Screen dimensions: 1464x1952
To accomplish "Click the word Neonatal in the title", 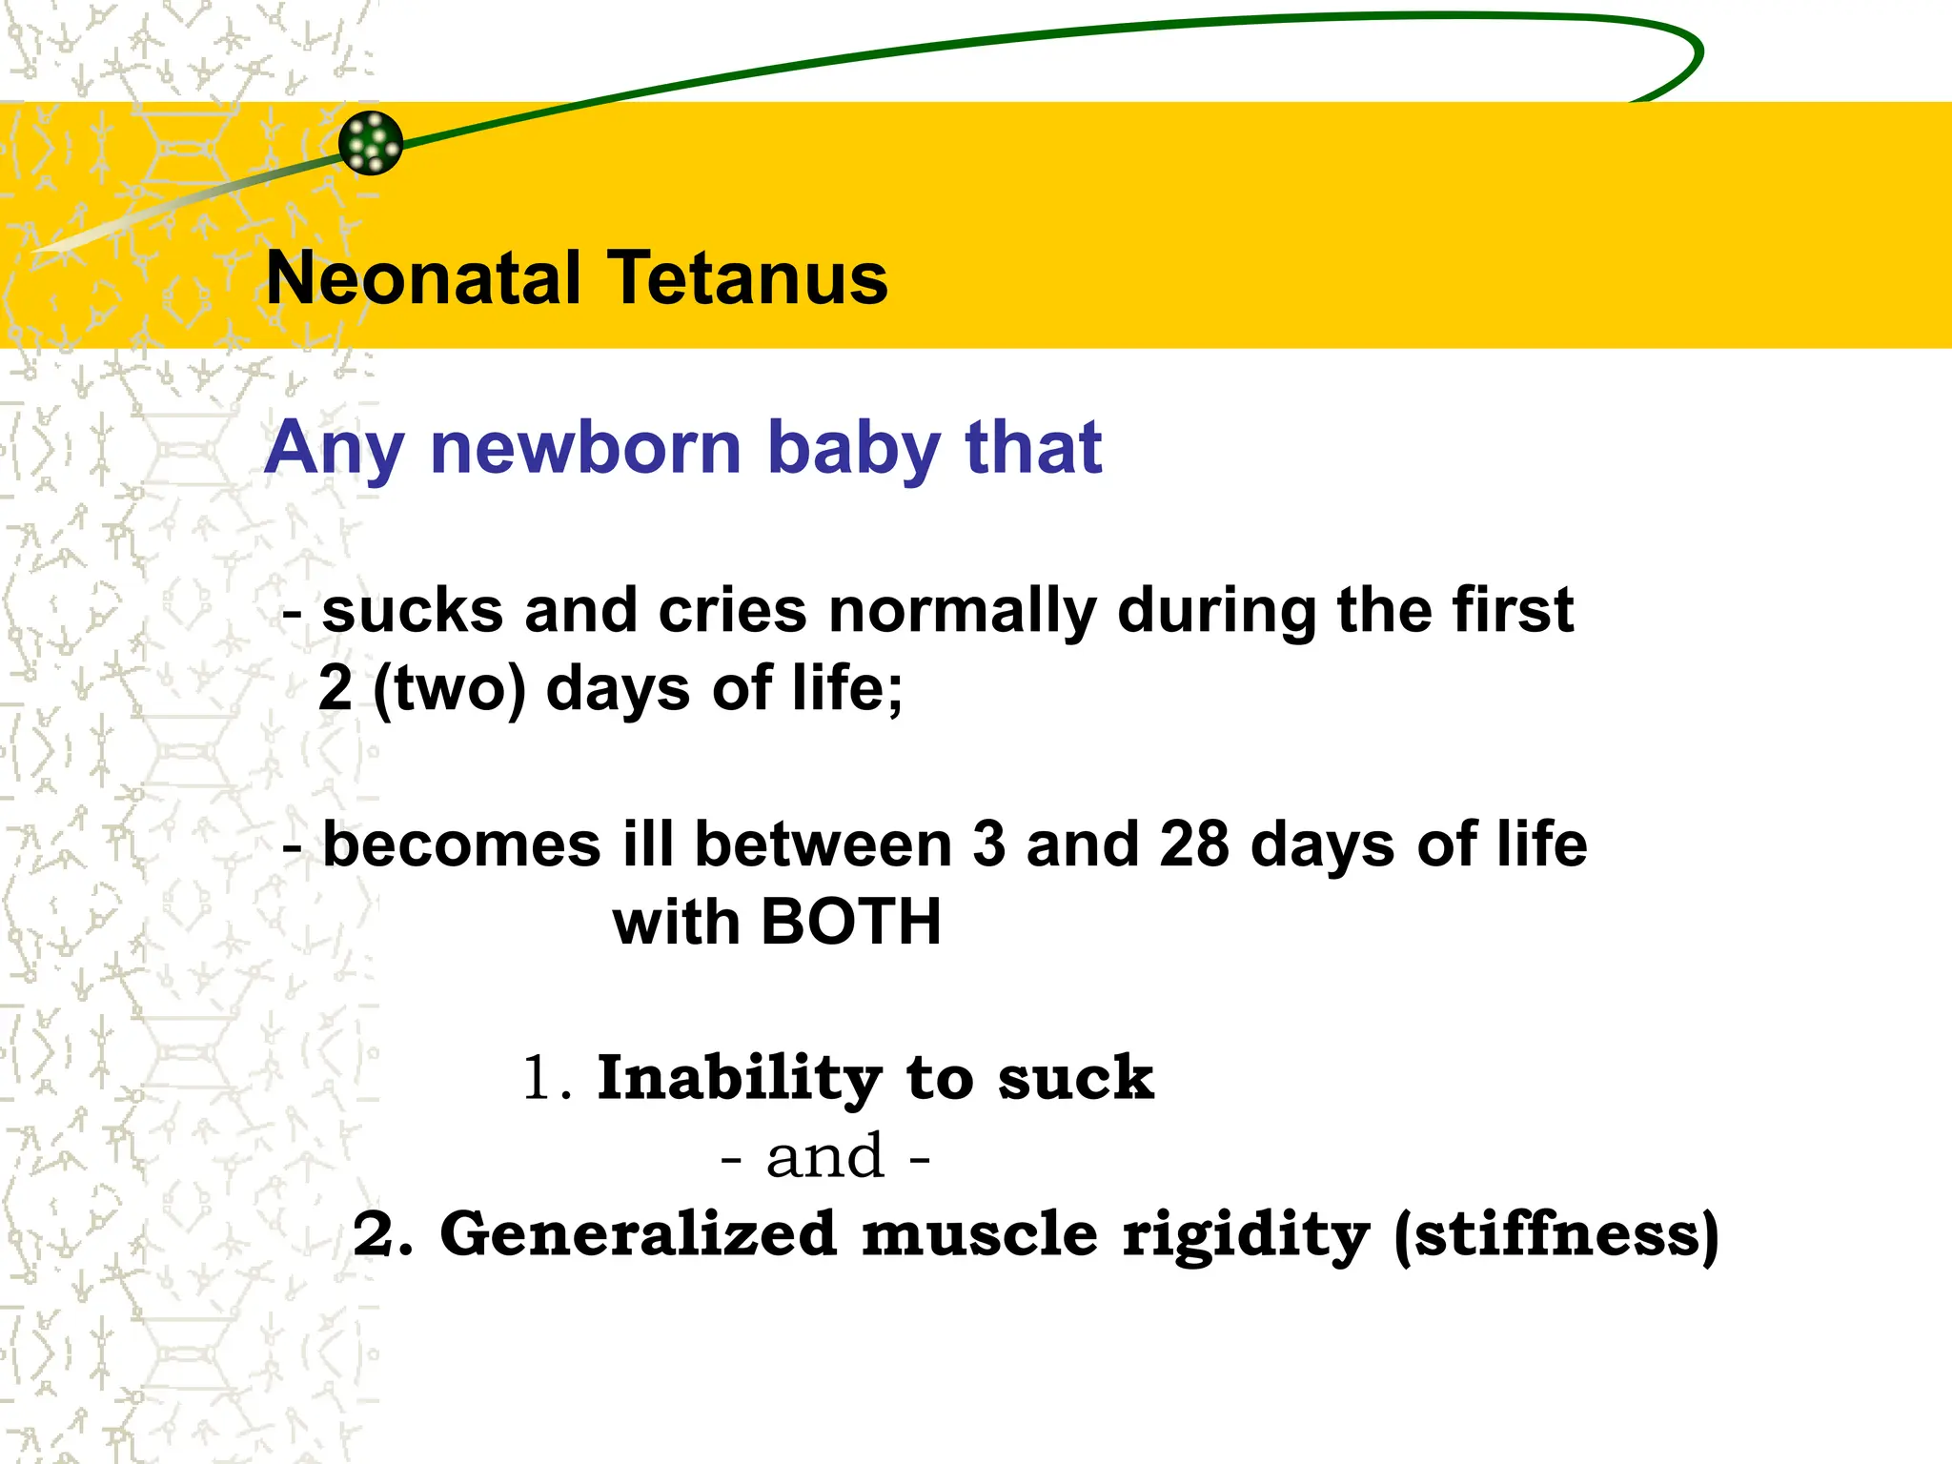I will click(x=423, y=278).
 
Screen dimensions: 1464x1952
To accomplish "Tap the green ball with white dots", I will click(x=371, y=143).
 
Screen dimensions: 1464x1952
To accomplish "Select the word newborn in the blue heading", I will click(x=585, y=448).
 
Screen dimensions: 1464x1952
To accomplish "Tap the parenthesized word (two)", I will click(x=449, y=688).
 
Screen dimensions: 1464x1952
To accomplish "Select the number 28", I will click(x=1194, y=844).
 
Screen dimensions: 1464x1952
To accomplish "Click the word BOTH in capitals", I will click(x=851, y=923).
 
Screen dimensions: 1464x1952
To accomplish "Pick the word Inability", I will click(x=740, y=1079).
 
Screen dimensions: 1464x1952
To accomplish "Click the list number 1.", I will click(x=540, y=1079).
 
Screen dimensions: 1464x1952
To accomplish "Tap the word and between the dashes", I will click(x=825, y=1157).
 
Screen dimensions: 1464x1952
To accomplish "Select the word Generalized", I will click(x=638, y=1234).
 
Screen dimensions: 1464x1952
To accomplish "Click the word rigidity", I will click(x=1246, y=1236).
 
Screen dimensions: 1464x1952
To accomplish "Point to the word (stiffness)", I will click(x=1555, y=1236).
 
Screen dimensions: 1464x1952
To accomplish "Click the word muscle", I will click(x=980, y=1234).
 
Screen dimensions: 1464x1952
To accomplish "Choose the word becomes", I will click(x=462, y=844).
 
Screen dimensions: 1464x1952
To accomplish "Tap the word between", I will click(x=823, y=844).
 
